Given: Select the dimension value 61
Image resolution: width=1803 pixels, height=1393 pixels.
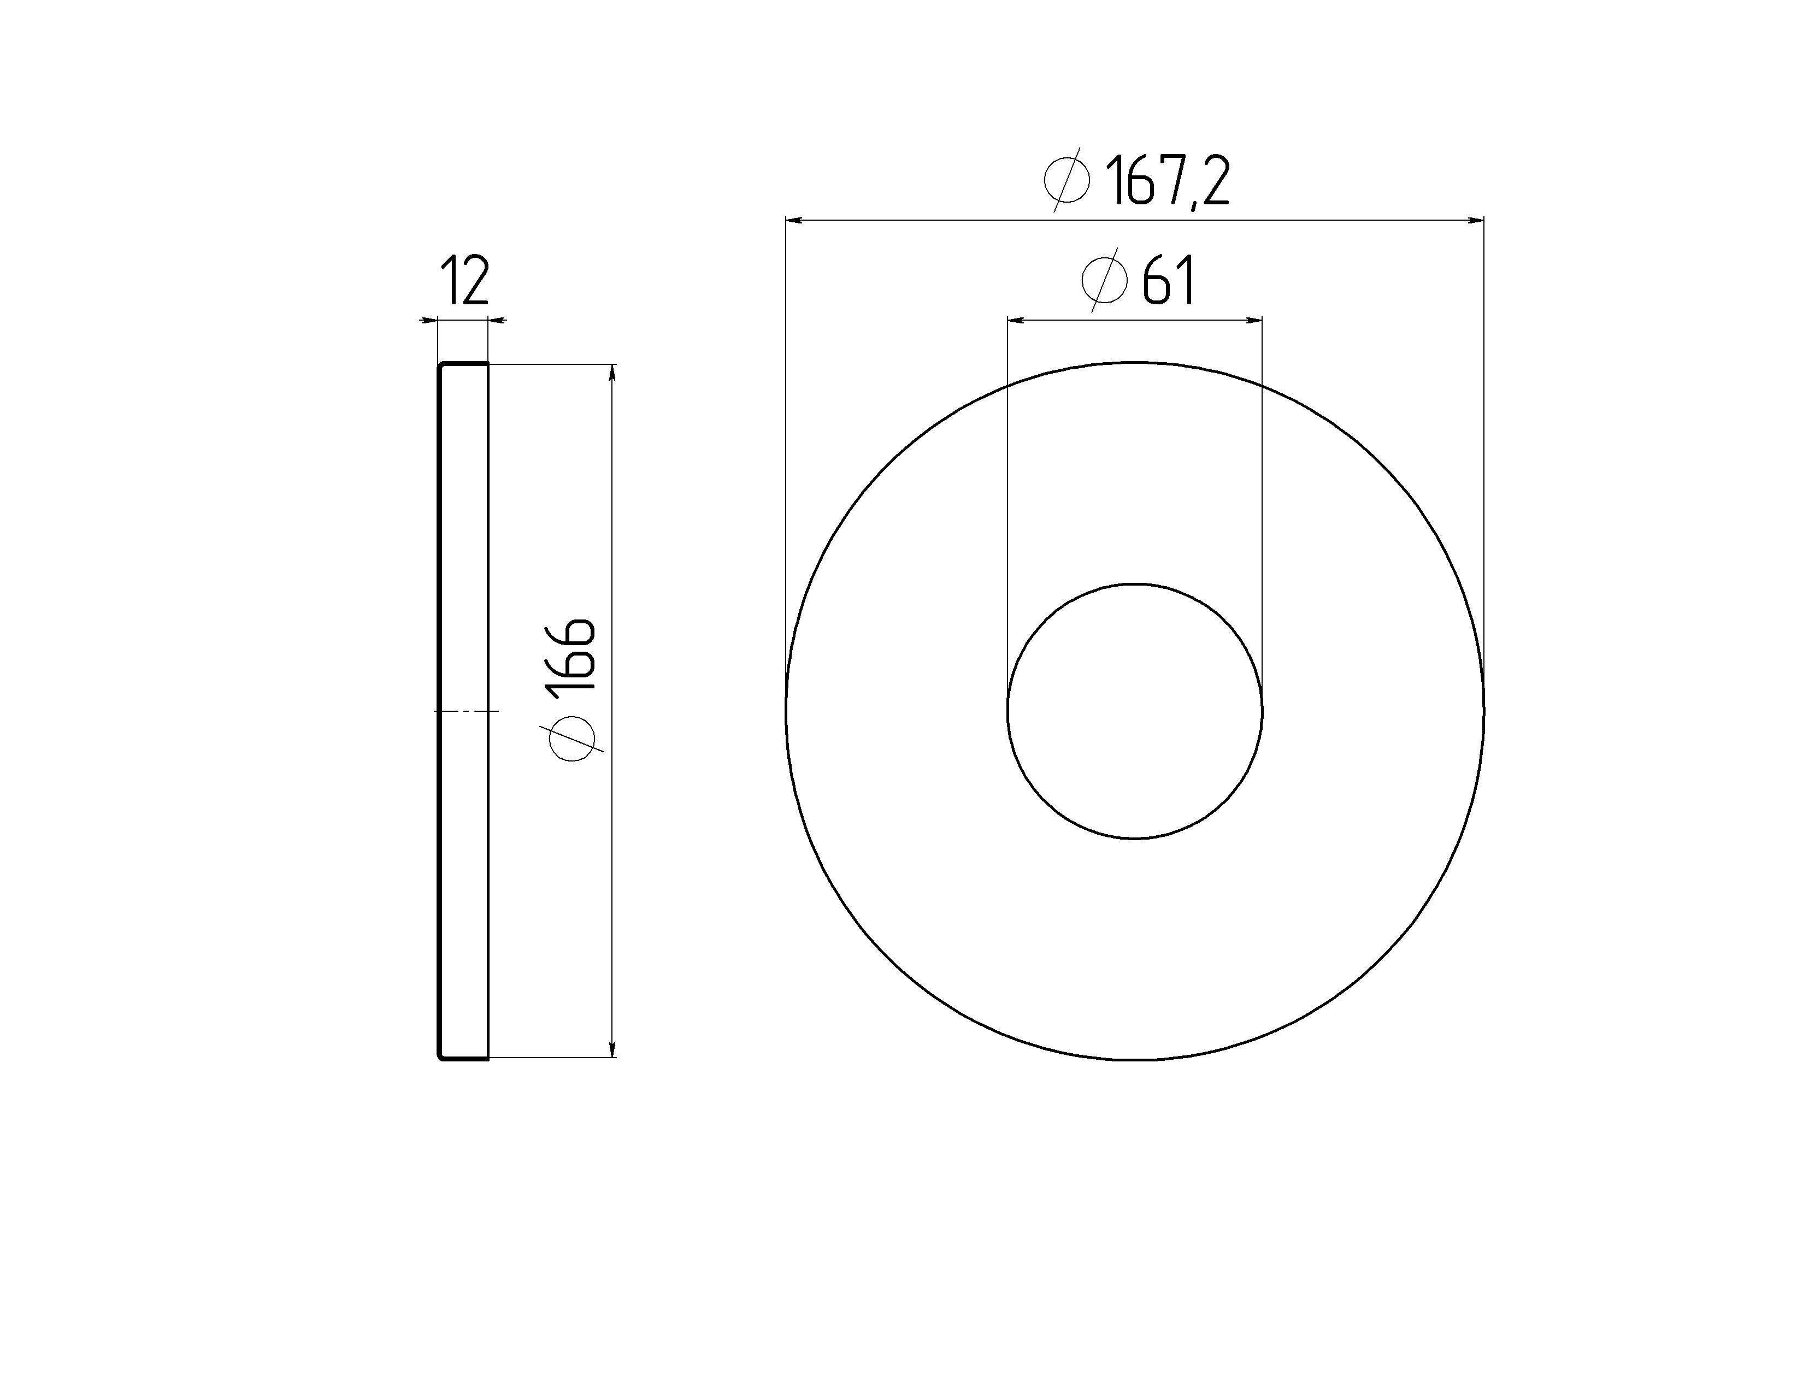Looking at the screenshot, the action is [x=1168, y=281].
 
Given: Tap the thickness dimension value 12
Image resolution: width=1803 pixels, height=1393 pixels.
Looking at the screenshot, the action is [x=465, y=281].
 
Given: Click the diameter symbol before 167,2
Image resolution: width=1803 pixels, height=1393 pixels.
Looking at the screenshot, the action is [x=1067, y=180].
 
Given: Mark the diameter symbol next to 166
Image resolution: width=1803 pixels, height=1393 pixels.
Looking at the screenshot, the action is [x=571, y=737].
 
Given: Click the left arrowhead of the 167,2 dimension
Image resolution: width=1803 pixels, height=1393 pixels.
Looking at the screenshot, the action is [x=794, y=220].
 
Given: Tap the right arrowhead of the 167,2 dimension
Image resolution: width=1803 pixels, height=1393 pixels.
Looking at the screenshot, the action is [x=1475, y=220].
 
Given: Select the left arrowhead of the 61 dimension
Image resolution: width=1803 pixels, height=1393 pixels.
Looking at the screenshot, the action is [x=1016, y=320].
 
